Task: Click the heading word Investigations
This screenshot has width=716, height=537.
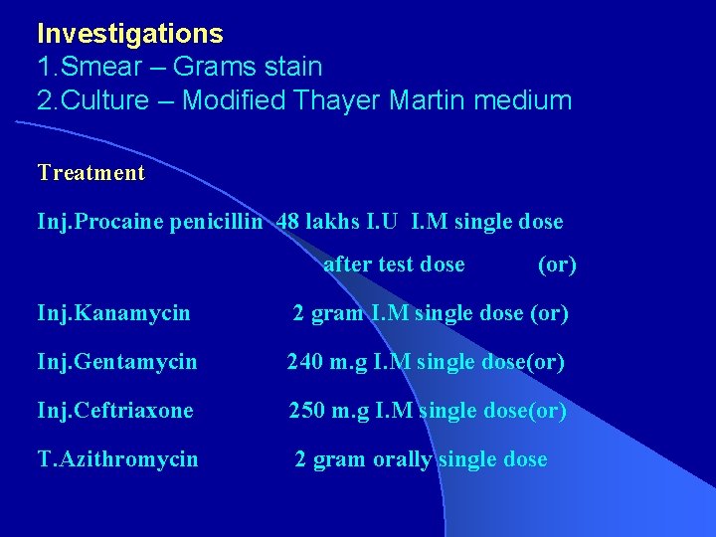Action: click(129, 34)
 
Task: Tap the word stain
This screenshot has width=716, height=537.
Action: click(288, 68)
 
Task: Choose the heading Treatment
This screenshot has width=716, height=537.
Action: click(90, 173)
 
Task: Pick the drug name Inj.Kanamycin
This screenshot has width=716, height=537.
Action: click(113, 314)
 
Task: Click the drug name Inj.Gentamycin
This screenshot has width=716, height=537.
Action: click(117, 363)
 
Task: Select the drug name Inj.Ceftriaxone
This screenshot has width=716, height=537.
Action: click(115, 411)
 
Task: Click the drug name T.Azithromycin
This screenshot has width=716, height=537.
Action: click(117, 459)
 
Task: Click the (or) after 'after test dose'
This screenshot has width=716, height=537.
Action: click(557, 265)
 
